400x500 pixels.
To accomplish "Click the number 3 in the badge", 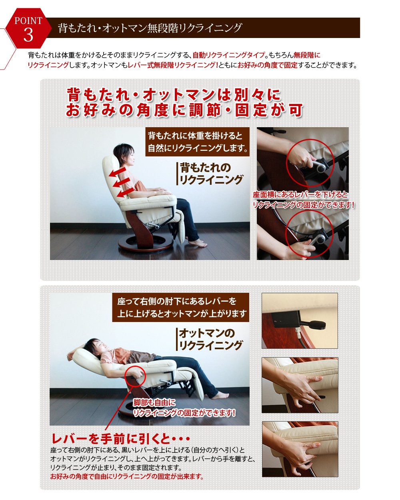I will click(x=28, y=35).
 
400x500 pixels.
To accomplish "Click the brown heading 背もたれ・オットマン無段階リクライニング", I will click(x=150, y=28).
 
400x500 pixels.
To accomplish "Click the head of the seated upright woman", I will click(x=124, y=155).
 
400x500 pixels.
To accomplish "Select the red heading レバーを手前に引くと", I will click(x=120, y=439).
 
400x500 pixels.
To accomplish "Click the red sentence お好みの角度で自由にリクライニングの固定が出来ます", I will click(x=127, y=476).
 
